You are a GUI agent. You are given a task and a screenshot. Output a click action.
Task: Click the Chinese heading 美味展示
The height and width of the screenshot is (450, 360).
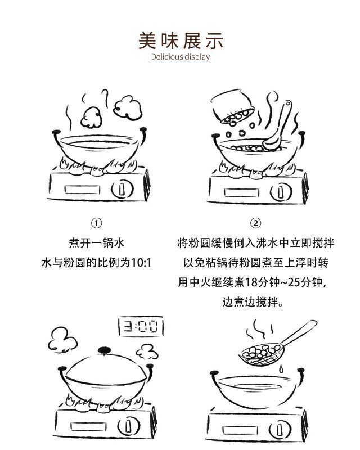pyautogui.click(x=181, y=40)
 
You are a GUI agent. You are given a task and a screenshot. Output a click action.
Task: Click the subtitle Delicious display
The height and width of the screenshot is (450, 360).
pyautogui.click(x=181, y=57)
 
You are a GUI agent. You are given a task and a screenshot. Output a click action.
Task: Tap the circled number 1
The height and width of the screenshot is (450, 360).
pyautogui.click(x=96, y=223)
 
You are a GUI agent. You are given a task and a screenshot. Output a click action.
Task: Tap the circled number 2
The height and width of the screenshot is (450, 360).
pyautogui.click(x=255, y=223)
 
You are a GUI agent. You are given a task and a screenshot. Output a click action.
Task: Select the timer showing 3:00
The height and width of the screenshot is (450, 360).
pyautogui.click(x=141, y=326)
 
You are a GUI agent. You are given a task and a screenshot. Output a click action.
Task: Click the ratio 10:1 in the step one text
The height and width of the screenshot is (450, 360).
pyautogui.click(x=141, y=263)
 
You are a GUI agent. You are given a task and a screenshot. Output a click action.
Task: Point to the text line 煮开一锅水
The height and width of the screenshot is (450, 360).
pyautogui.click(x=96, y=243)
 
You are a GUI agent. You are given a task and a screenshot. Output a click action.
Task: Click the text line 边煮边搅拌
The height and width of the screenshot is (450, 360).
pyautogui.click(x=253, y=302)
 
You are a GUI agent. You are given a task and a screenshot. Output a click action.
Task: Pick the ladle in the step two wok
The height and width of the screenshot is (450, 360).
pyautogui.click(x=278, y=125)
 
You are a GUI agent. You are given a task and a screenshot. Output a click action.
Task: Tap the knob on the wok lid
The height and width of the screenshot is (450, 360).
pyautogui.click(x=104, y=350)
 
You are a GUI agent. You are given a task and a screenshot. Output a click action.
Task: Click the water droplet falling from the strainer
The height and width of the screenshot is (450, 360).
pyautogui.click(x=281, y=369)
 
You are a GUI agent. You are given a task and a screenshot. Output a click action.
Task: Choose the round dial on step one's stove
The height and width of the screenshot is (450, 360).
pyautogui.click(x=122, y=189)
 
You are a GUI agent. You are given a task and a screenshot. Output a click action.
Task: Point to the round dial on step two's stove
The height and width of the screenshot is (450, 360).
pyautogui.click(x=281, y=192)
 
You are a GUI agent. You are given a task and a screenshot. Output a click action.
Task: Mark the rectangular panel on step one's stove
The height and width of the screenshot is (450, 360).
pyautogui.click(x=82, y=190)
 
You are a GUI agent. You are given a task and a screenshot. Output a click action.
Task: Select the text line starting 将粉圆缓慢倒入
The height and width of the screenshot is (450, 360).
pyautogui.click(x=255, y=243)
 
